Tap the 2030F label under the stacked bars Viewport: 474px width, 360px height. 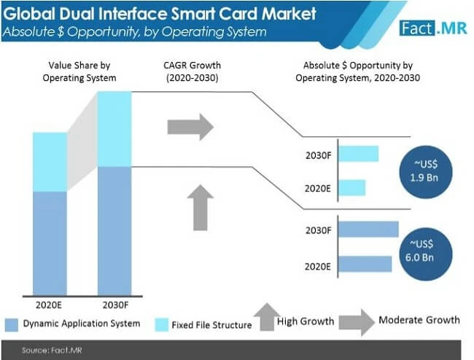pyautogui.click(x=114, y=304)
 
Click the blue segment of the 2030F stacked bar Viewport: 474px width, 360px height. pyautogui.click(x=114, y=230)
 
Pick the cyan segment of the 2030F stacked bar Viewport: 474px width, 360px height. pyautogui.click(x=114, y=129)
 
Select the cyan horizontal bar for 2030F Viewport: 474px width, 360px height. pyautogui.click(x=358, y=154)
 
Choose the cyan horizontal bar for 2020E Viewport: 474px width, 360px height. pyautogui.click(x=351, y=187)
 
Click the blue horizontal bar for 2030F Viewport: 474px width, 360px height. pyautogui.click(x=368, y=230)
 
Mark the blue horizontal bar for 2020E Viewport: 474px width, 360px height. pyautogui.click(x=365, y=263)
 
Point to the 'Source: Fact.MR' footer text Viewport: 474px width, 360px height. pyautogui.click(x=46, y=351)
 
